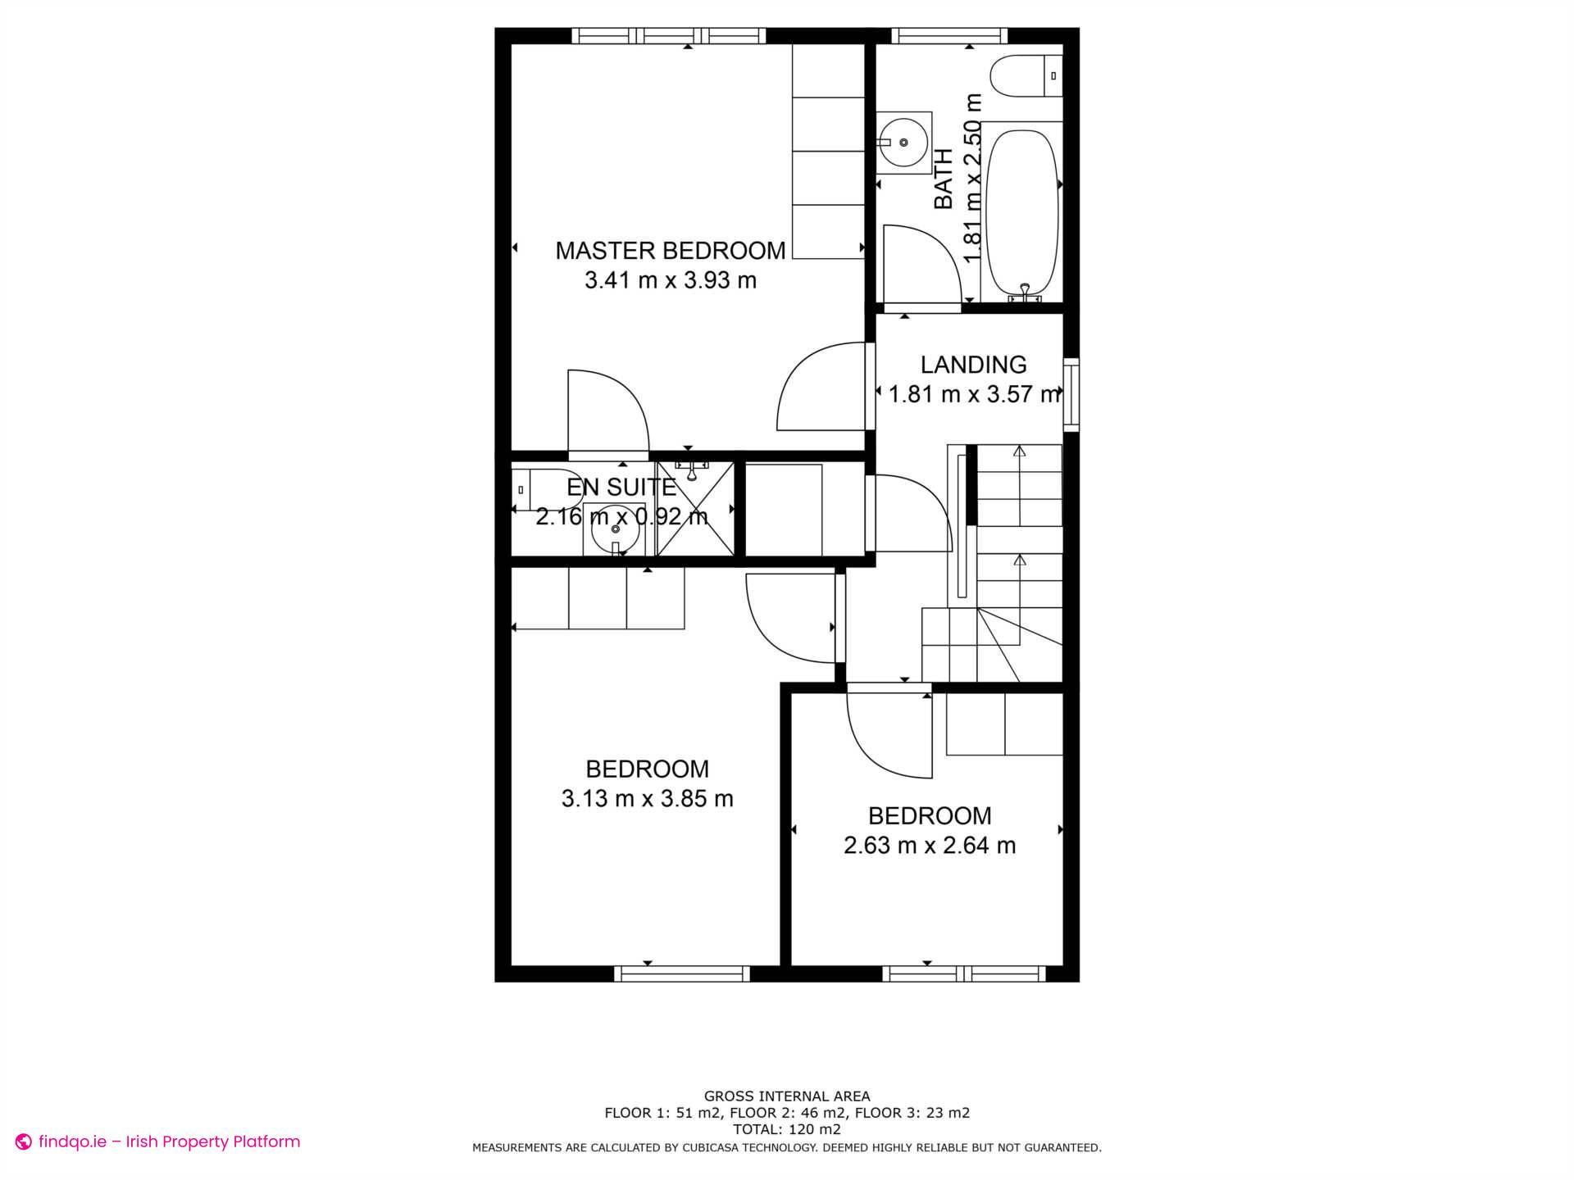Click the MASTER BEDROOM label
pos(670,250)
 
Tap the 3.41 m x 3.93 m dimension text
pos(670,280)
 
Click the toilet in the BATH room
pos(1025,76)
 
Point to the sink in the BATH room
pos(903,143)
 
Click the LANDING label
pos(973,365)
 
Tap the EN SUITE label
pos(621,488)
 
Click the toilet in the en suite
pos(542,489)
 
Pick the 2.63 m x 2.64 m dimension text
pos(929,845)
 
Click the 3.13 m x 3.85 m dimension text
pos(647,798)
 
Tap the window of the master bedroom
pos(668,35)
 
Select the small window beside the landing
pos(1071,394)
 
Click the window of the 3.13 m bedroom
pos(682,973)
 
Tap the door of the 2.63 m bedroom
pos(890,733)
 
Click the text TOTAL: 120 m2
pos(787,1129)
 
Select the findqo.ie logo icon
pos(24,1141)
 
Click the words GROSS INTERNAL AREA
pos(787,1096)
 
